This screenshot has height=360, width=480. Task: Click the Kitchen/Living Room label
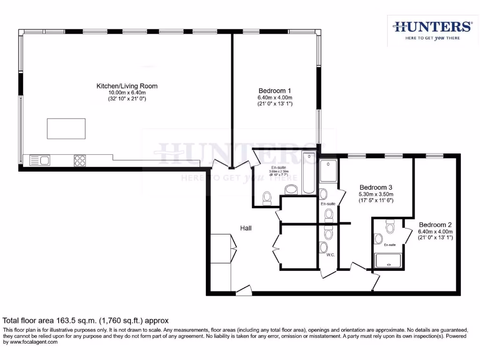127,86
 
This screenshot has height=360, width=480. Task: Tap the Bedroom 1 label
275,90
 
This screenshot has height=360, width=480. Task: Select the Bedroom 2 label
435,225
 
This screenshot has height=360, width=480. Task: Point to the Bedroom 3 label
375,187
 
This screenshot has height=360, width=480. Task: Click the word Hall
246,228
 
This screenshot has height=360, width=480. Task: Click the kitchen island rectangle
66,128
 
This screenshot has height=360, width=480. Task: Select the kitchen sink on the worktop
40,160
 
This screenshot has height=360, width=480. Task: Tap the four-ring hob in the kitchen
80,160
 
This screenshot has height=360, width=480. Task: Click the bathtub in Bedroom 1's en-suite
309,172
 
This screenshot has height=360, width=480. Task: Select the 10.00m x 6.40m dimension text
127,93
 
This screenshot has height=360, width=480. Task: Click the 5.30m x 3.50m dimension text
375,194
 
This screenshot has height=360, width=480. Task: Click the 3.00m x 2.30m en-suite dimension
278,172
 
